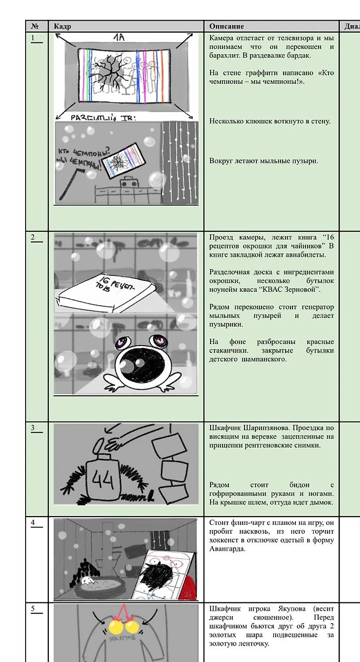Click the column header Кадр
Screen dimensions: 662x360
point(62,26)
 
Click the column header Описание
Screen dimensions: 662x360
point(226,26)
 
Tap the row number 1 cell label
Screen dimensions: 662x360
point(33,38)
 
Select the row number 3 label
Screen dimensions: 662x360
point(33,427)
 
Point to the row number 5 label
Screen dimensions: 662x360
point(33,609)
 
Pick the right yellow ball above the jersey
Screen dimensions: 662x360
point(132,627)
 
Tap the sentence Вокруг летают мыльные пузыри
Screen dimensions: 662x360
point(263,161)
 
